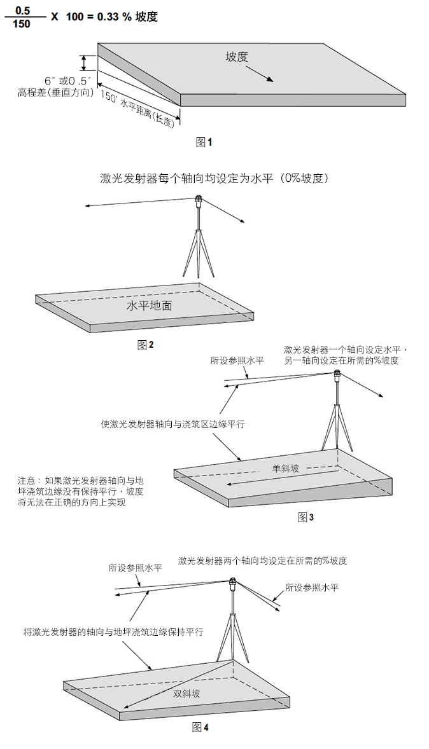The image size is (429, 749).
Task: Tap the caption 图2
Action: coord(145,345)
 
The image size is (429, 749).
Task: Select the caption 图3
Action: coord(306,517)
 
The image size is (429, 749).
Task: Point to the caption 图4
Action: coord(200,727)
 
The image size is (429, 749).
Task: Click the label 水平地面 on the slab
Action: coord(149,306)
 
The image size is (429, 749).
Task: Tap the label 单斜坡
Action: coord(286,469)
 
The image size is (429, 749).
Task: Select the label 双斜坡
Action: coord(186,694)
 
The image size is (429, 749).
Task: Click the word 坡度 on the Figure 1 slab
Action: coord(237,57)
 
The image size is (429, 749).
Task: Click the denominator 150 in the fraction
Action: coord(22,24)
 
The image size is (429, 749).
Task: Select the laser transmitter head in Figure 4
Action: coord(232,582)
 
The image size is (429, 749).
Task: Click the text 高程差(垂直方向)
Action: coord(55,93)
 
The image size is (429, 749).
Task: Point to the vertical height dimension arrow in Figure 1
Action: coord(84,63)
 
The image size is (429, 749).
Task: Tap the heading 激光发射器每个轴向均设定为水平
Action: coord(186,179)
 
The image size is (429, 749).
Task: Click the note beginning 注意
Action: coord(80,491)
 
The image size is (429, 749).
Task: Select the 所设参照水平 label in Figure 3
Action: coord(237,361)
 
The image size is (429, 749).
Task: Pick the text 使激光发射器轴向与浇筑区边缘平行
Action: coord(172,423)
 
